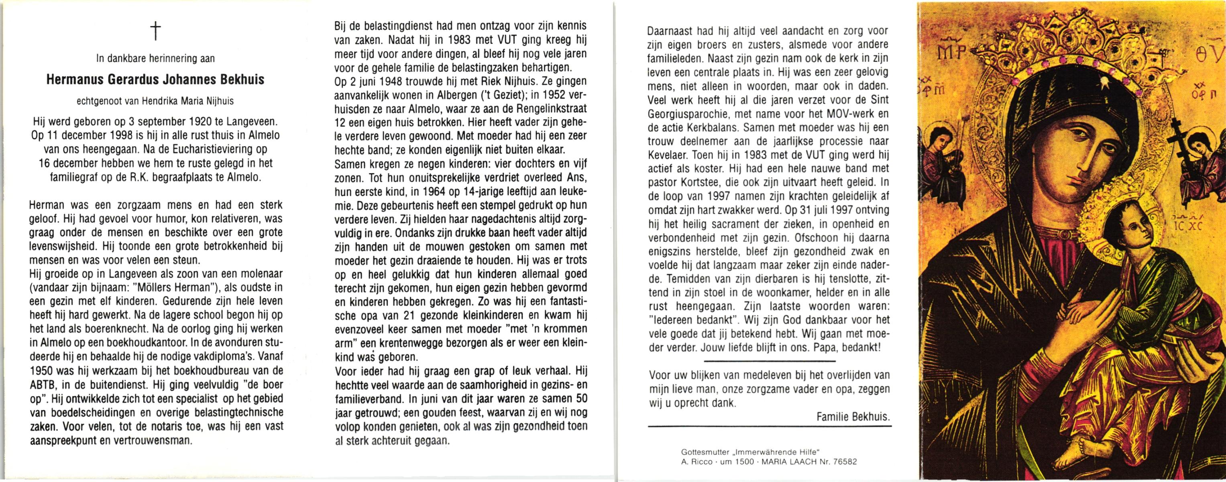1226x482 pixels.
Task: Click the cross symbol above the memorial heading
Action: [155, 31]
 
